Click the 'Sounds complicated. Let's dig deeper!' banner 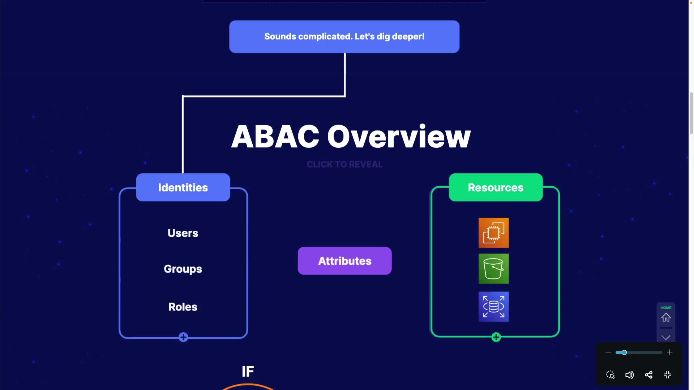(x=344, y=36)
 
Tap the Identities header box (x=183, y=187)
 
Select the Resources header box (x=496, y=187)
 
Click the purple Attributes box (x=344, y=261)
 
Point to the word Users (x=183, y=233)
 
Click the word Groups (x=183, y=269)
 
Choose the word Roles (x=183, y=307)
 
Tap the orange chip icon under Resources (x=493, y=233)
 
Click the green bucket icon (x=493, y=269)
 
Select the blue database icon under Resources (x=493, y=307)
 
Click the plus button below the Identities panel (x=183, y=337)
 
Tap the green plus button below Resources (x=496, y=337)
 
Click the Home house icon (x=666, y=317)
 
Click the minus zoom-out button (x=608, y=352)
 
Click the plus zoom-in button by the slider (x=670, y=352)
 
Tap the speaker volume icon (x=629, y=375)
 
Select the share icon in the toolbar (x=648, y=375)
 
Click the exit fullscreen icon (x=668, y=375)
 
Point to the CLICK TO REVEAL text (x=344, y=164)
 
